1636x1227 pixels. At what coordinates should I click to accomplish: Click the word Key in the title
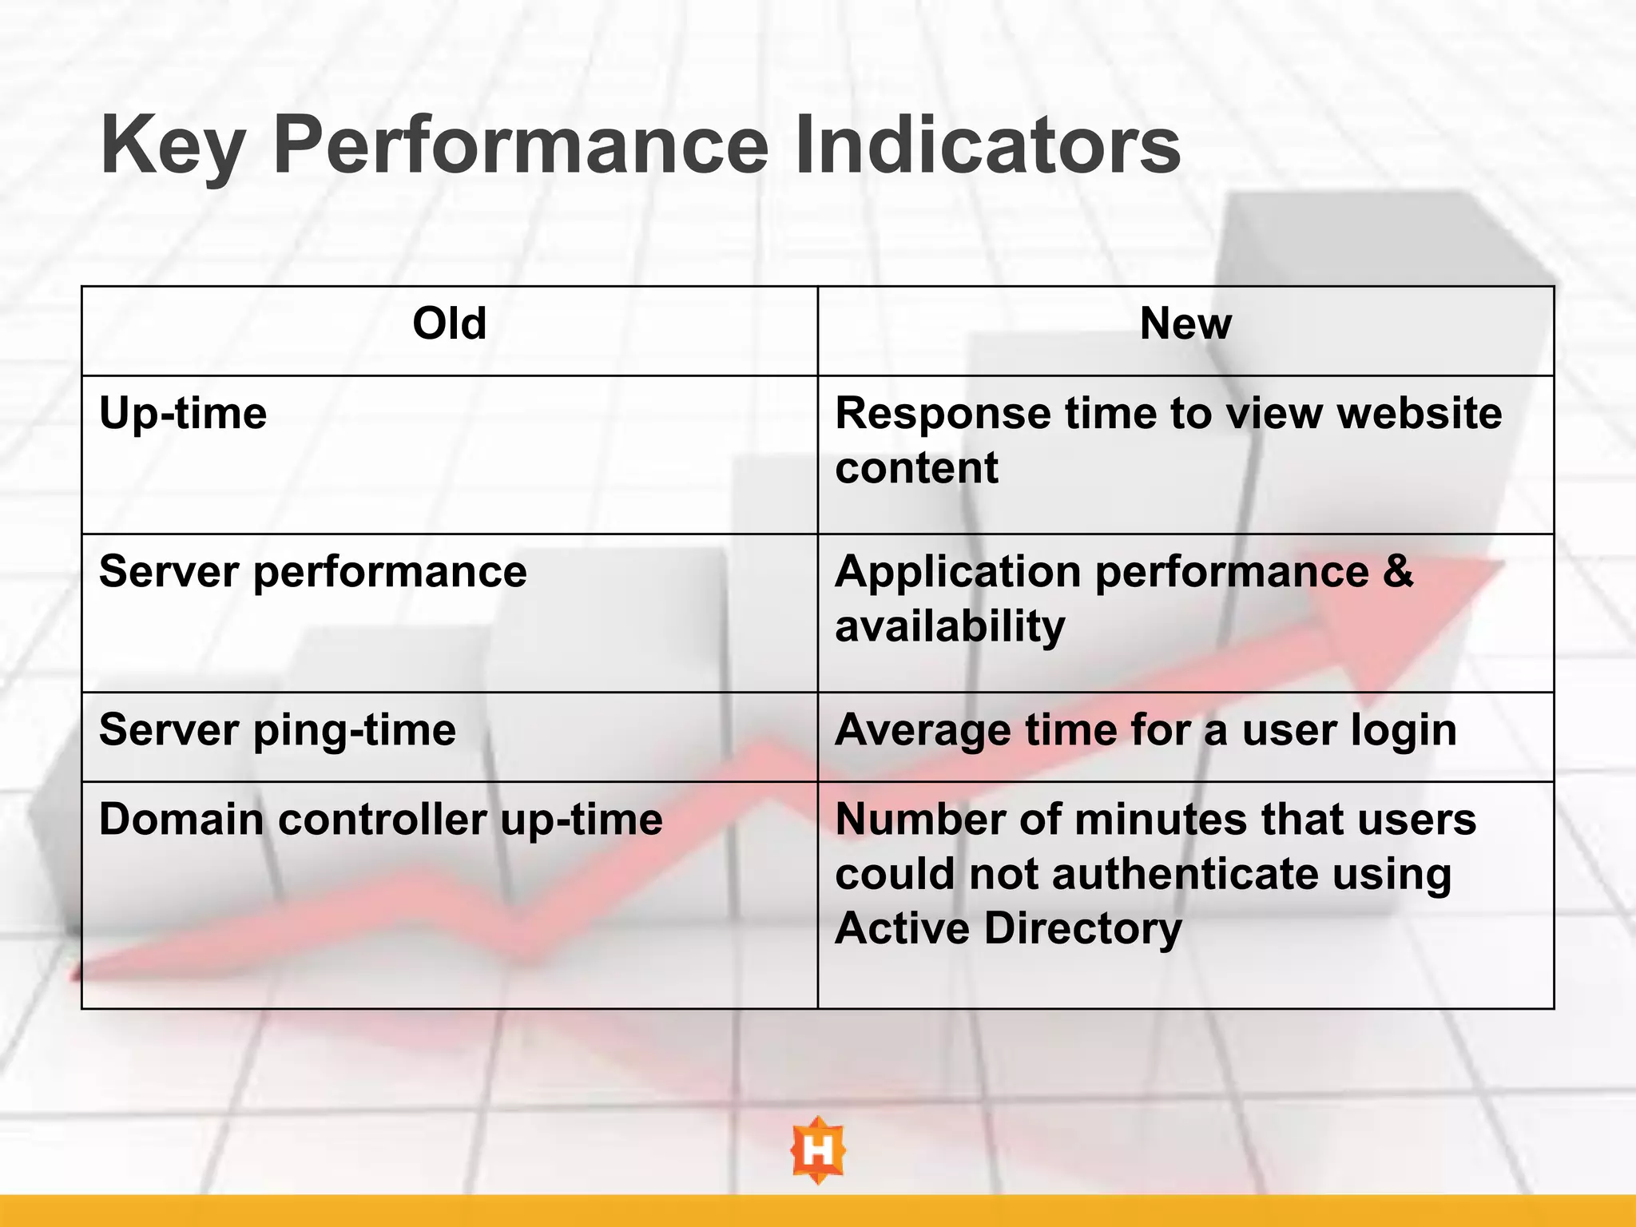point(172,146)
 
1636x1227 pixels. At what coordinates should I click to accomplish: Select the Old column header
point(449,324)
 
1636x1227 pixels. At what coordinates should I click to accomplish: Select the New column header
point(1185,324)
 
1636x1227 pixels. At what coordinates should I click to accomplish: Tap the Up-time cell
point(183,415)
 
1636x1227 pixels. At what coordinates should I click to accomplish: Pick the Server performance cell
point(312,572)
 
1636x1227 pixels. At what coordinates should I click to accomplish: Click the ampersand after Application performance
point(1397,572)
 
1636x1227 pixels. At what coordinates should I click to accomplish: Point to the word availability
point(950,626)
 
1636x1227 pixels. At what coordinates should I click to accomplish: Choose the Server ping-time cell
point(277,730)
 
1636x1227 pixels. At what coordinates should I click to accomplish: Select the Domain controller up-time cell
point(380,820)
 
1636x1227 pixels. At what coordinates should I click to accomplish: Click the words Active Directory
point(1008,928)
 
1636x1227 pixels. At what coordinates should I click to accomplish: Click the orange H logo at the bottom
point(817,1150)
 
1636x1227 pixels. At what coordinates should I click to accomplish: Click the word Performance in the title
point(520,146)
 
